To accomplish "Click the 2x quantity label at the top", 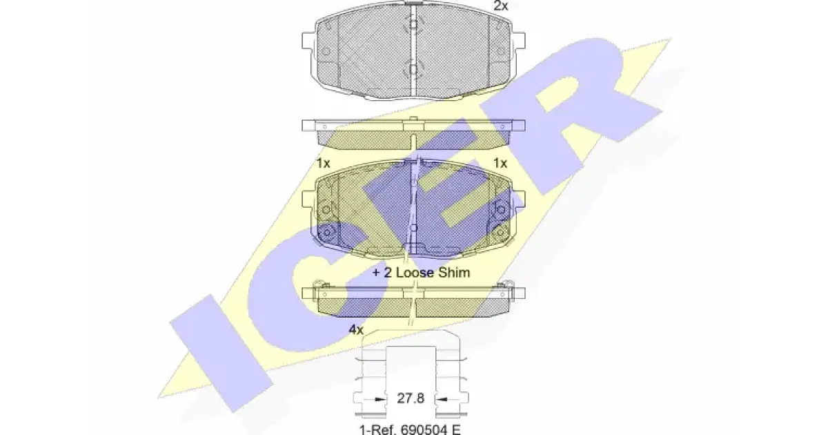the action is [x=501, y=6].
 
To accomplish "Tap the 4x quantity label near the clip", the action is [x=356, y=329].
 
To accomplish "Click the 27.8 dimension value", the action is [x=411, y=398].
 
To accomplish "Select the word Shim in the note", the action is [x=454, y=273].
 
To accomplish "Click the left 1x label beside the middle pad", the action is [x=324, y=163].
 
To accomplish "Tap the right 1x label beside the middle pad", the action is [x=500, y=163].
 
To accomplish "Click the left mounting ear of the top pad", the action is [x=309, y=40].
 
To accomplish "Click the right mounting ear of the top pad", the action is [x=518, y=40].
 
